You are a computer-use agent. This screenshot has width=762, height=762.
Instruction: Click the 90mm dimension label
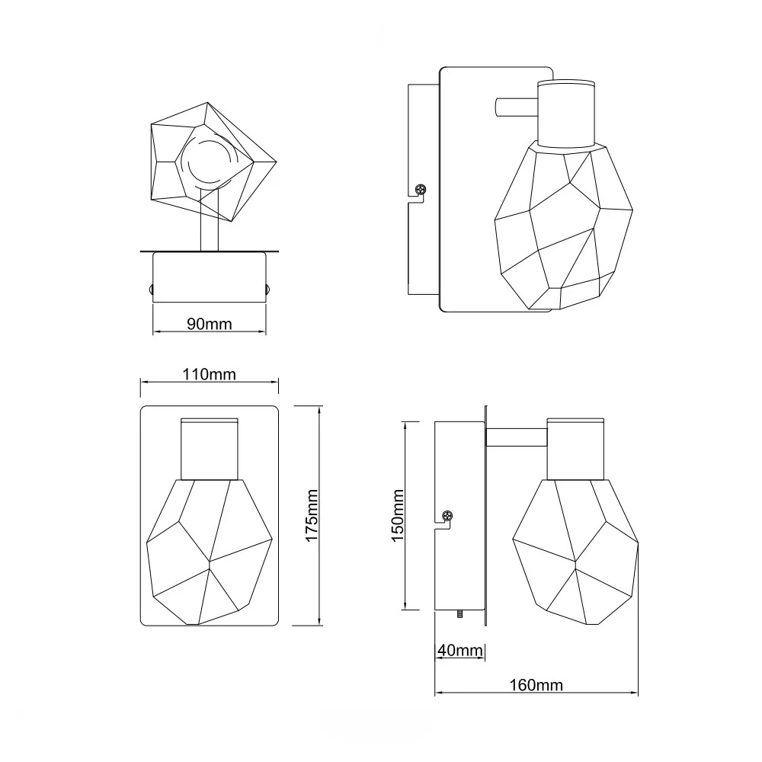point(210,324)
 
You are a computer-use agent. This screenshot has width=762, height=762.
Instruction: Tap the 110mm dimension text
point(209,374)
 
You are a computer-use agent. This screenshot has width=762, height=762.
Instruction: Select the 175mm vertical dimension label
point(311,516)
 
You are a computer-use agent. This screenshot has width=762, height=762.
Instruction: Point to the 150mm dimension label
point(398,516)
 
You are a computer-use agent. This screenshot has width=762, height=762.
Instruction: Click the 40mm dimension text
point(460,650)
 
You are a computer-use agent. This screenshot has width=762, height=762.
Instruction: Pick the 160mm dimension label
point(536,685)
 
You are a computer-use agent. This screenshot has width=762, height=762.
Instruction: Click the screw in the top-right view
point(421,188)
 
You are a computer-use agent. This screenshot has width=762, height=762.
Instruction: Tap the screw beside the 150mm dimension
point(447,516)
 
